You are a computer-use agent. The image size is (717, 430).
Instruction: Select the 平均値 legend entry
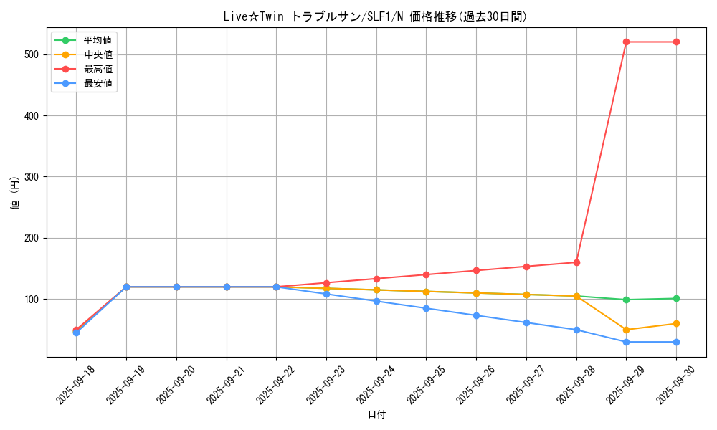click(98, 40)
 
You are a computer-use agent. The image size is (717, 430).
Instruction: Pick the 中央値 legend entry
click(98, 54)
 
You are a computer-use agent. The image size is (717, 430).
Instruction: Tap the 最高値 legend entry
click(98, 69)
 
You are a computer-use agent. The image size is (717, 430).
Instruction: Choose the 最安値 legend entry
click(98, 83)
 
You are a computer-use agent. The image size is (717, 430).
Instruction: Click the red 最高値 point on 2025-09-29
click(626, 42)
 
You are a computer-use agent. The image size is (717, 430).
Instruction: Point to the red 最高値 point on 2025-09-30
click(676, 42)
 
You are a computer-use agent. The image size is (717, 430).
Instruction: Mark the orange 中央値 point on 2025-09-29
click(626, 330)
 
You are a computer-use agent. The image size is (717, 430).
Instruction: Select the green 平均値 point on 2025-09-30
click(676, 299)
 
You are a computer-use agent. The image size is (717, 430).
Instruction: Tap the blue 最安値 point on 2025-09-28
click(576, 330)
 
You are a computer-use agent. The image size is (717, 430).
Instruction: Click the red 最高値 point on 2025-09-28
click(576, 262)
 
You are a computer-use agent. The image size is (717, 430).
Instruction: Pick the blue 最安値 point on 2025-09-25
click(426, 308)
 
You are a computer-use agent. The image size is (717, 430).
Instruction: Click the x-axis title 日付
click(376, 415)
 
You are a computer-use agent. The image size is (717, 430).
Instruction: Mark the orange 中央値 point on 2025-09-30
click(676, 324)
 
